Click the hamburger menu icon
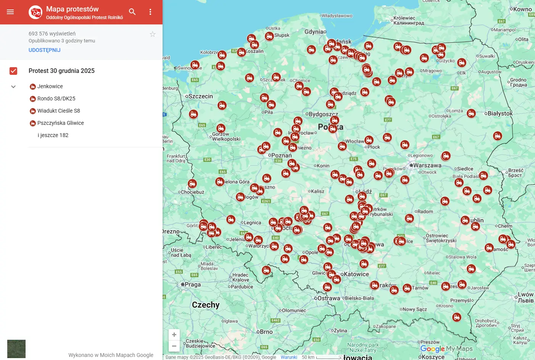point(10,12)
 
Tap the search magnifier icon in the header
point(132,12)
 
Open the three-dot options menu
point(150,12)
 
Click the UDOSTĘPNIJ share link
point(44,50)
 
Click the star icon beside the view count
point(153,34)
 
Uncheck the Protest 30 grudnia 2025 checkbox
point(13,71)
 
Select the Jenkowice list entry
point(50,87)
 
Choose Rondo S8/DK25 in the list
point(56,99)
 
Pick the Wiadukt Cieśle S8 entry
point(58,111)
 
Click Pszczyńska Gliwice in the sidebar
point(60,123)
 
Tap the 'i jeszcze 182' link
point(53,136)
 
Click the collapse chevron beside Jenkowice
point(13,87)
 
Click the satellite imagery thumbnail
point(16,349)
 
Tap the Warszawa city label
point(427,166)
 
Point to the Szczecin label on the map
point(200,97)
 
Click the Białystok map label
point(500,113)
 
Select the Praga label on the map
point(192,285)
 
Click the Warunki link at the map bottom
point(289,357)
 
